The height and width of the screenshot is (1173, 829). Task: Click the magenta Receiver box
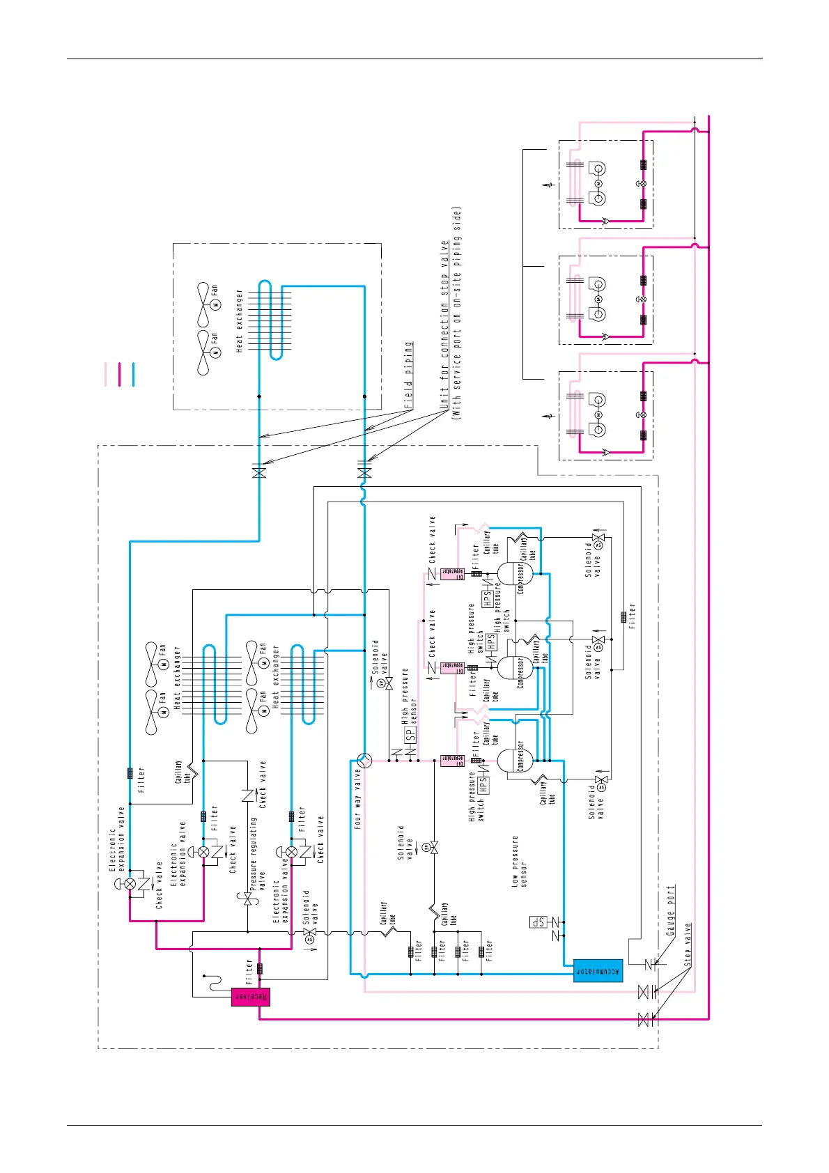250,997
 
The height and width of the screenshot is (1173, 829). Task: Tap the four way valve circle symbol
364,760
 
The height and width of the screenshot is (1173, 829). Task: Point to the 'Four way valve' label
357,798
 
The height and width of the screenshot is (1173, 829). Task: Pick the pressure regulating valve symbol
247,900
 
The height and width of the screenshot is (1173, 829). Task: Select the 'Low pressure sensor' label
520,861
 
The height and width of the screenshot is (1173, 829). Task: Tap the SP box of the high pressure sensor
410,733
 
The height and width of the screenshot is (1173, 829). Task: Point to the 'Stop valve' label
688,944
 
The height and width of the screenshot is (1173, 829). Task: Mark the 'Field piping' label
408,375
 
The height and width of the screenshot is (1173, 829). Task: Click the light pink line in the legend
106,374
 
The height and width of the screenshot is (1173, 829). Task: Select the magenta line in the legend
119,374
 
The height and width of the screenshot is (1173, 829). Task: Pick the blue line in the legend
132,374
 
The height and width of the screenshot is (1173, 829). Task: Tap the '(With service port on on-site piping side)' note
457,313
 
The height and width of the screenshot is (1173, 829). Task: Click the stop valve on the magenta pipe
644,1020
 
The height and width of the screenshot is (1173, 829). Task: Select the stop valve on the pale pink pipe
644,992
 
